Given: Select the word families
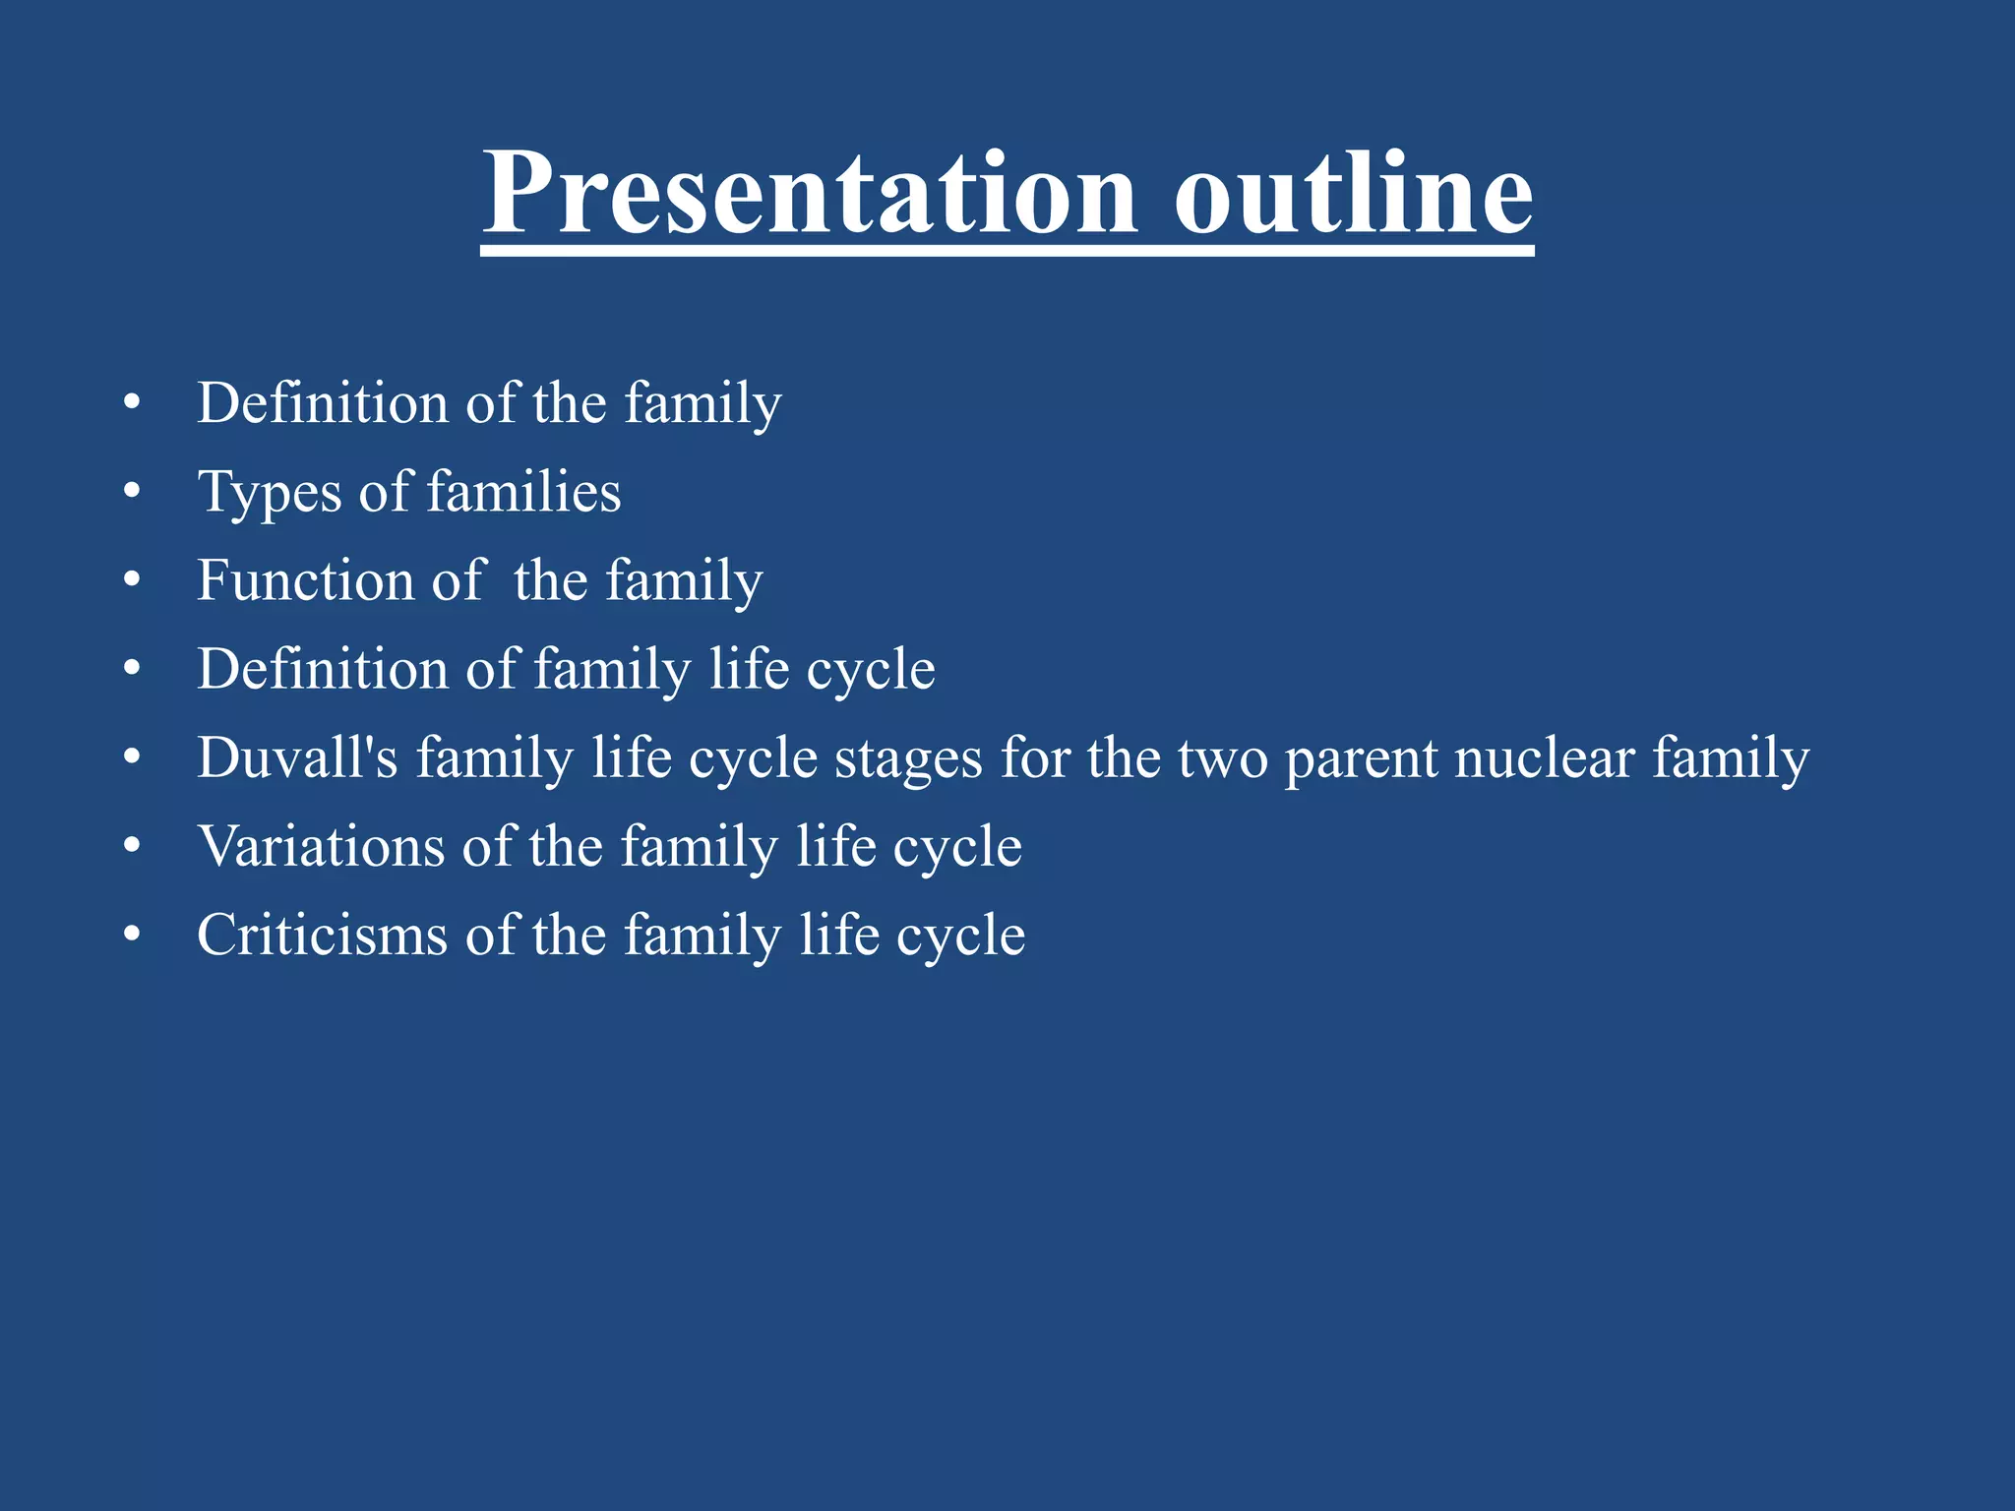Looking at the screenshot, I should pyautogui.click(x=523, y=491).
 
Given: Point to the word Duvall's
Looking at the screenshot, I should pyautogui.click(x=297, y=757).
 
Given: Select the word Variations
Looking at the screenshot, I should pyautogui.click(x=321, y=846).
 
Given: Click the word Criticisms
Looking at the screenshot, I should pyautogui.click(x=322, y=935).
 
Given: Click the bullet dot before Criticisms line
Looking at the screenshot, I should pyautogui.click(x=133, y=935).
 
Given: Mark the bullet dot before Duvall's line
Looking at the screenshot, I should pyautogui.click(x=133, y=757).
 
